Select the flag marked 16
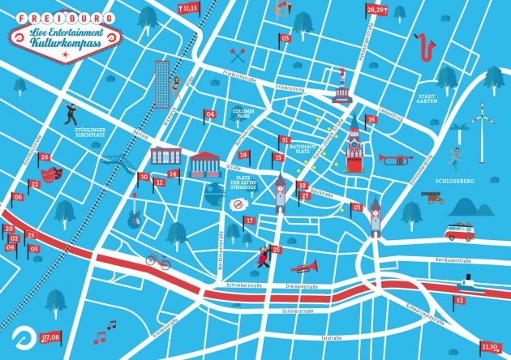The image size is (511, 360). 371,120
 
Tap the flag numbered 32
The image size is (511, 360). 459,300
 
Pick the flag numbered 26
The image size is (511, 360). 45,157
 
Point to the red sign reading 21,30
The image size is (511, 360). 490,346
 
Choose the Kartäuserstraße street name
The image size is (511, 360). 454,260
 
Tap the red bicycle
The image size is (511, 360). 158,260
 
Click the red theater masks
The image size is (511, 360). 54,173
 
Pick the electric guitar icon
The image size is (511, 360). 134,213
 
